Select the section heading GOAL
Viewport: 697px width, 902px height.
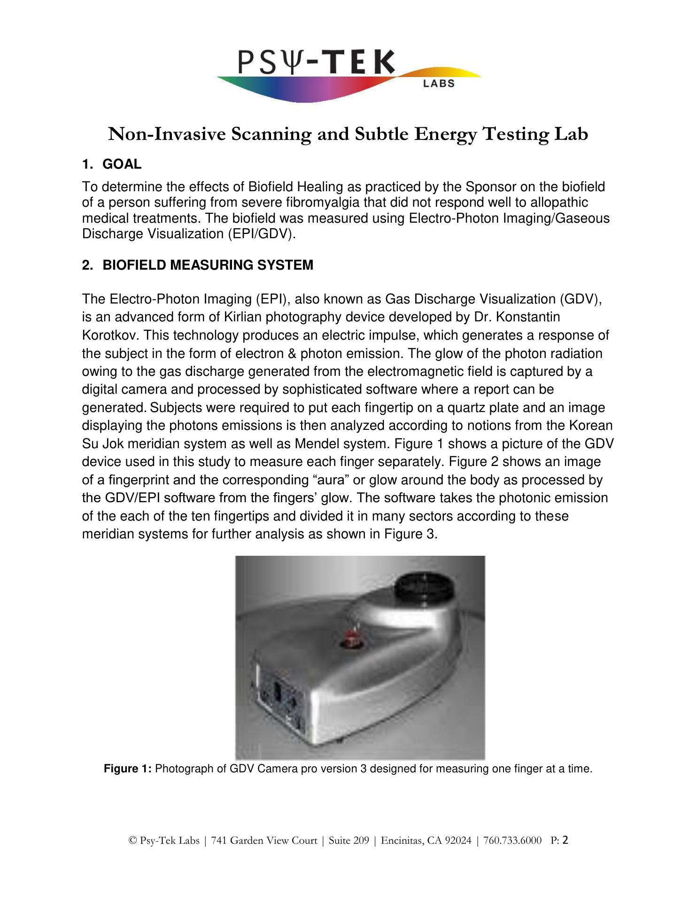tap(122, 164)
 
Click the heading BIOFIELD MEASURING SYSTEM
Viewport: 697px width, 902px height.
tap(208, 265)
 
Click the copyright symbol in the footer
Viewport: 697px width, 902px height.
tap(132, 840)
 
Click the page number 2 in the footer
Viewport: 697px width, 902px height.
tap(565, 840)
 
